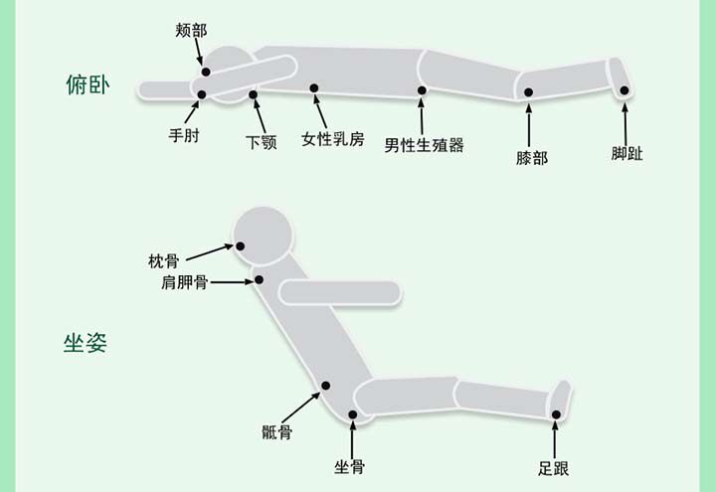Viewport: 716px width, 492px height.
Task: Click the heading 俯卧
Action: [x=85, y=85]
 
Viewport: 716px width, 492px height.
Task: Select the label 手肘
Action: [x=184, y=135]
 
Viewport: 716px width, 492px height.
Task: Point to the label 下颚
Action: [x=261, y=142]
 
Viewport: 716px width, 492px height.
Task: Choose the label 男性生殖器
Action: [x=425, y=145]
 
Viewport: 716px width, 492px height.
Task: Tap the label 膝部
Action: [x=532, y=158]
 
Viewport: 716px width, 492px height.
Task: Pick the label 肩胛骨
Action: [x=185, y=283]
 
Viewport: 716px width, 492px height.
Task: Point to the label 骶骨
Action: [x=276, y=432]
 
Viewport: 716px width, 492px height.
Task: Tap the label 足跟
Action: [x=555, y=467]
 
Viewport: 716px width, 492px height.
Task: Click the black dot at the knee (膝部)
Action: [x=529, y=92]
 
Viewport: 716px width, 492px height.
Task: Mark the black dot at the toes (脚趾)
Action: [x=625, y=90]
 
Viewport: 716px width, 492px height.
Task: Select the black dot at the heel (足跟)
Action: [x=557, y=414]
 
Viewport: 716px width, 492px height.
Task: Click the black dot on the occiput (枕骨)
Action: [x=240, y=246]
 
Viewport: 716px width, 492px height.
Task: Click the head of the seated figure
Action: [x=265, y=236]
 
